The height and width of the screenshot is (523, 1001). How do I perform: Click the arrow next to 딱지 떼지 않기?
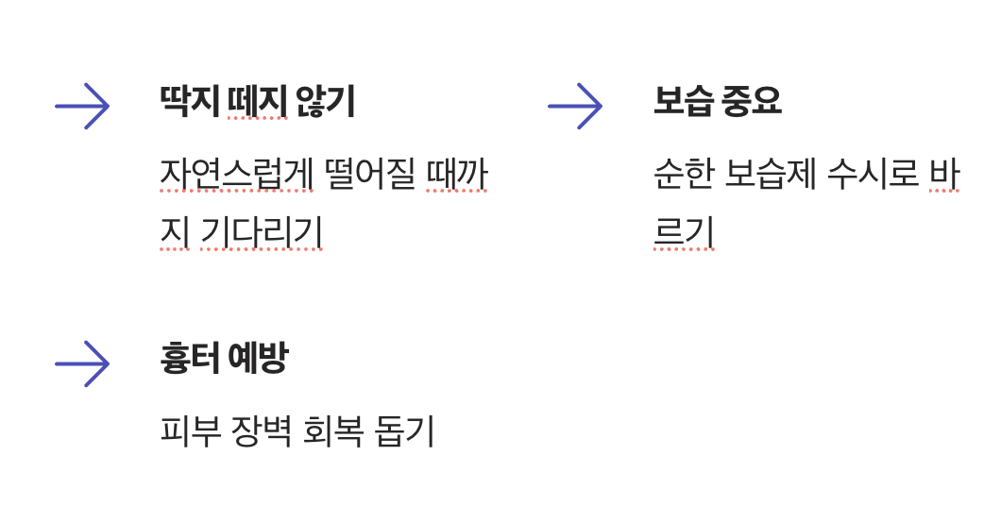tap(82, 106)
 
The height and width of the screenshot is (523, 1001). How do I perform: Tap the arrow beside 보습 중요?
tap(575, 106)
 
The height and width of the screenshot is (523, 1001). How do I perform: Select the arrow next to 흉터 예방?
tap(82, 363)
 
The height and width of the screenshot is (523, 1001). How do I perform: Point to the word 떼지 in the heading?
tap(257, 102)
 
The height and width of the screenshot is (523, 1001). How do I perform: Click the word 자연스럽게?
tap(236, 175)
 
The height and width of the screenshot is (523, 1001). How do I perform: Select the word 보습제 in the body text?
tap(770, 175)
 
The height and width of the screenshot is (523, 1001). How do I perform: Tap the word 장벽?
tap(262, 432)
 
